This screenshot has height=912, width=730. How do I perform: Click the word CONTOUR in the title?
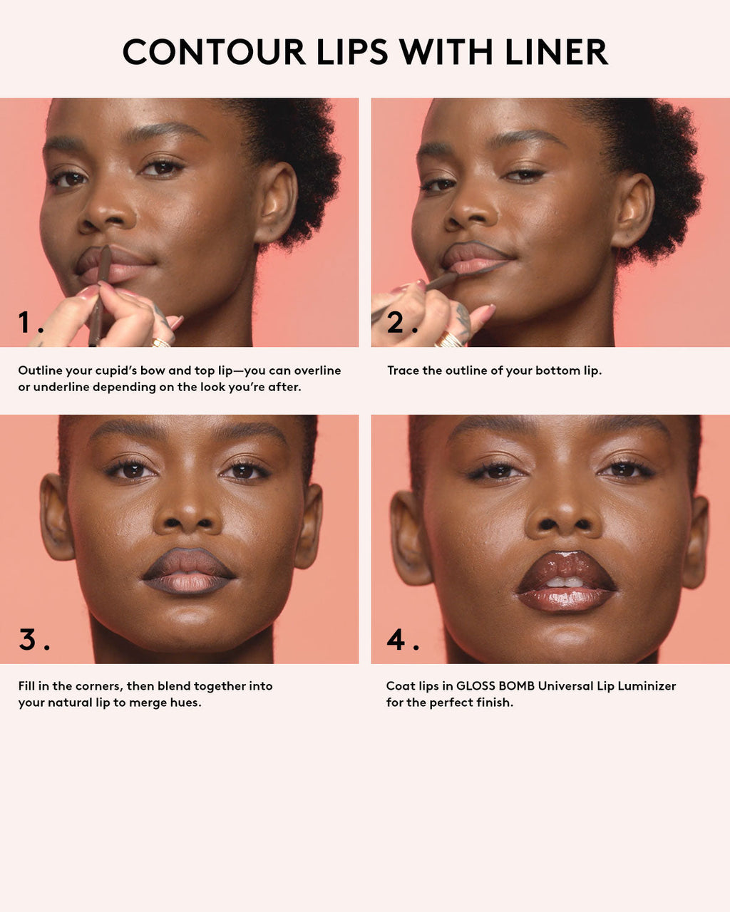[214, 52]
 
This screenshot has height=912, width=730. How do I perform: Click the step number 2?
[397, 323]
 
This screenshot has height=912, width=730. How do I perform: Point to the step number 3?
[28, 639]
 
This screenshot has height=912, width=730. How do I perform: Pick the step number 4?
[396, 639]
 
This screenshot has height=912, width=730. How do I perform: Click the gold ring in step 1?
[161, 343]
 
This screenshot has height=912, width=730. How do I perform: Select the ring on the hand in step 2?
[449, 340]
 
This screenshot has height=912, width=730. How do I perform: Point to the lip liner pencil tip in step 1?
[106, 250]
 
